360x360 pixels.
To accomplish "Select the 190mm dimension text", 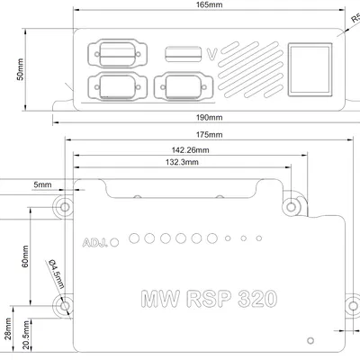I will [209, 118].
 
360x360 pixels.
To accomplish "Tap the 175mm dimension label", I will [209, 135].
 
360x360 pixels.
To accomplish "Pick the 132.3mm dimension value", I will [183, 162].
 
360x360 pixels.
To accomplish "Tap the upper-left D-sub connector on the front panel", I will [113, 53].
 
